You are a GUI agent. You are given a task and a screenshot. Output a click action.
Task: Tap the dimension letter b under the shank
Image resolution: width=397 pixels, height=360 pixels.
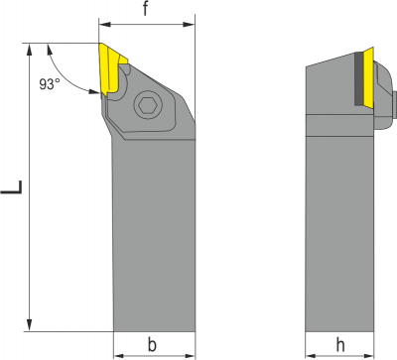[x=152, y=344]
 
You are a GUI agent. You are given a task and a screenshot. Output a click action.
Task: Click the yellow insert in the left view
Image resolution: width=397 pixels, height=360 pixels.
[x=108, y=67]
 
